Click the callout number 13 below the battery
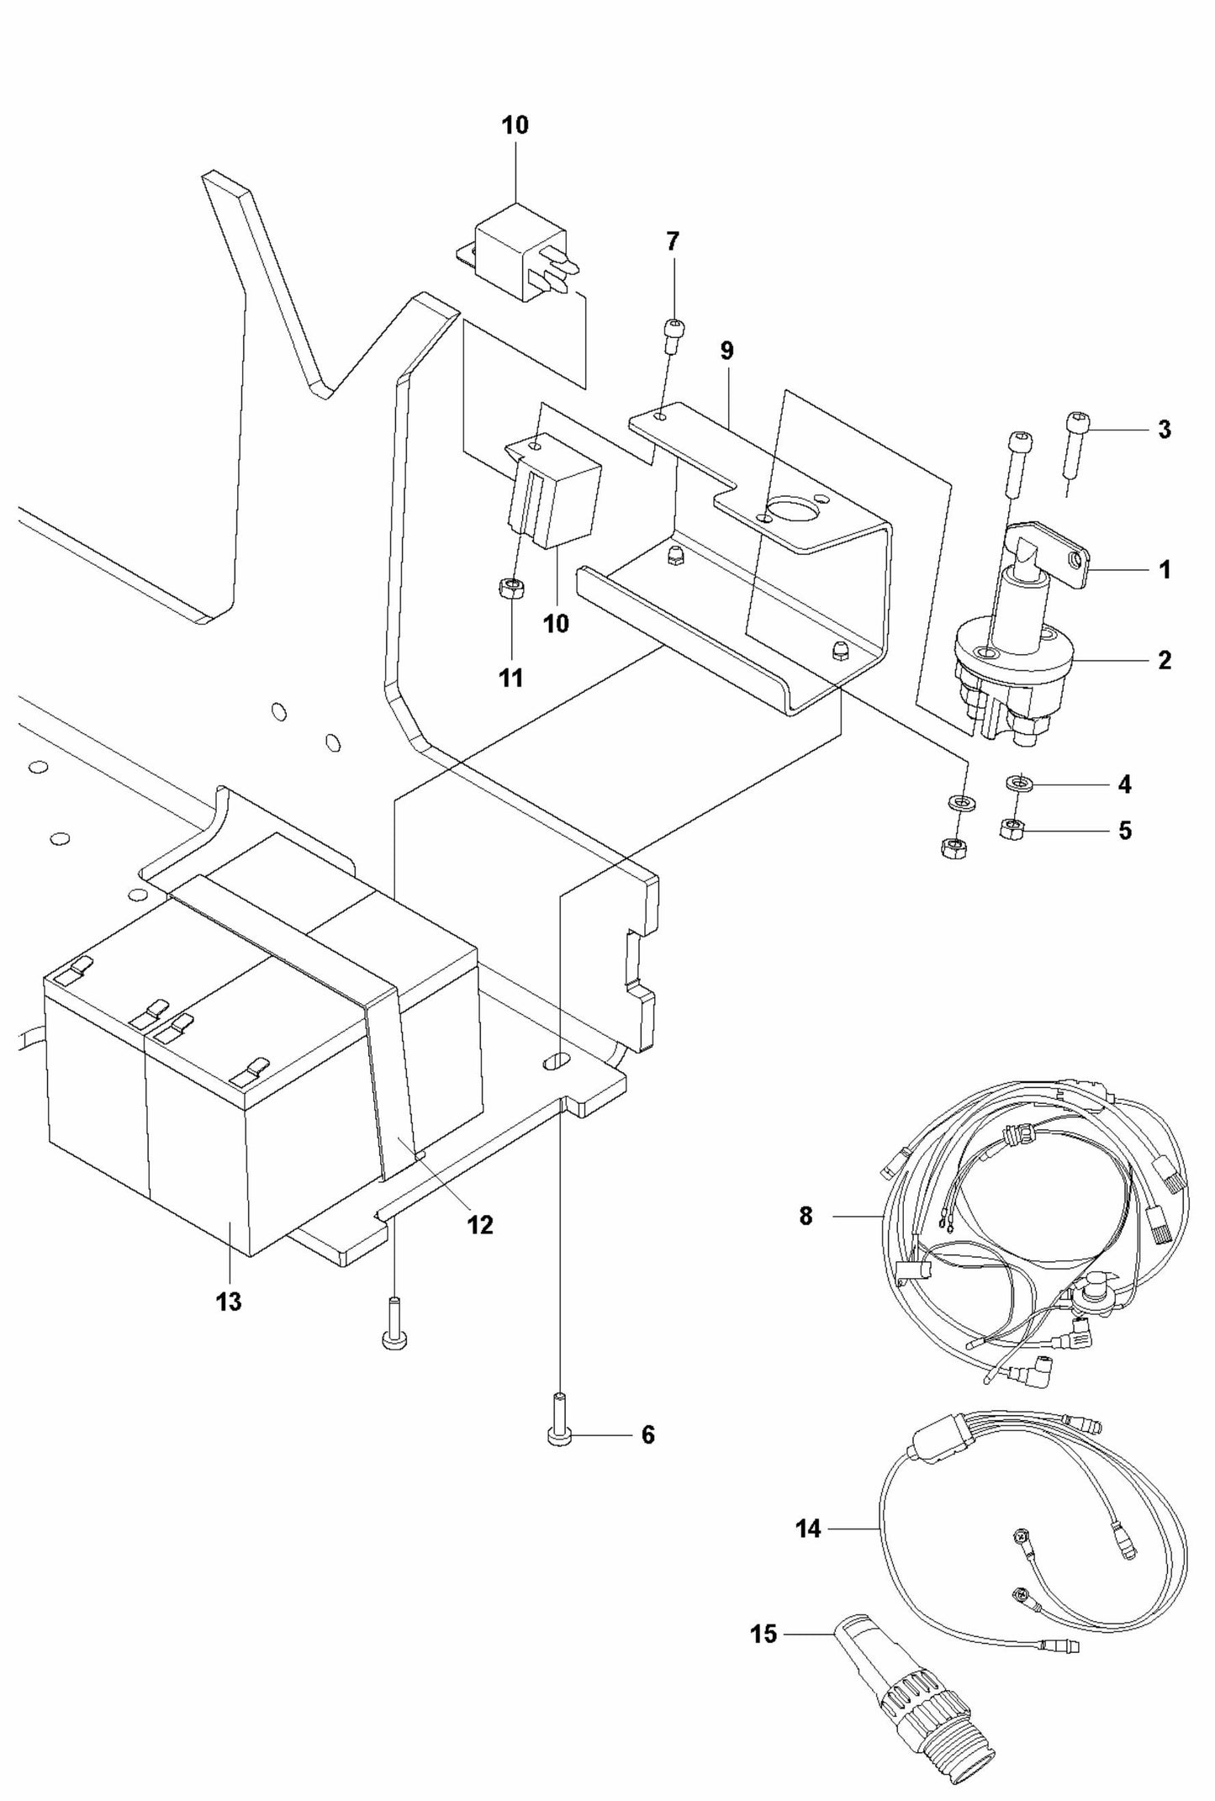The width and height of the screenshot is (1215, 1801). [x=228, y=1302]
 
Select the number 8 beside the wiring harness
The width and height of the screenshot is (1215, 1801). [x=806, y=1216]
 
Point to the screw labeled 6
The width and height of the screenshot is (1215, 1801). [x=559, y=1434]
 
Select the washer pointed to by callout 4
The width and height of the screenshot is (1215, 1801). [x=1018, y=783]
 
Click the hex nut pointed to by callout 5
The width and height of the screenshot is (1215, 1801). [x=1012, y=829]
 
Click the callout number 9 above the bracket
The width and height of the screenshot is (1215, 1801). [x=726, y=351]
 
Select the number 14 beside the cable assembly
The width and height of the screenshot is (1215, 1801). [x=807, y=1529]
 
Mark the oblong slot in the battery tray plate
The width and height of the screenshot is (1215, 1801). [x=556, y=1062]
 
